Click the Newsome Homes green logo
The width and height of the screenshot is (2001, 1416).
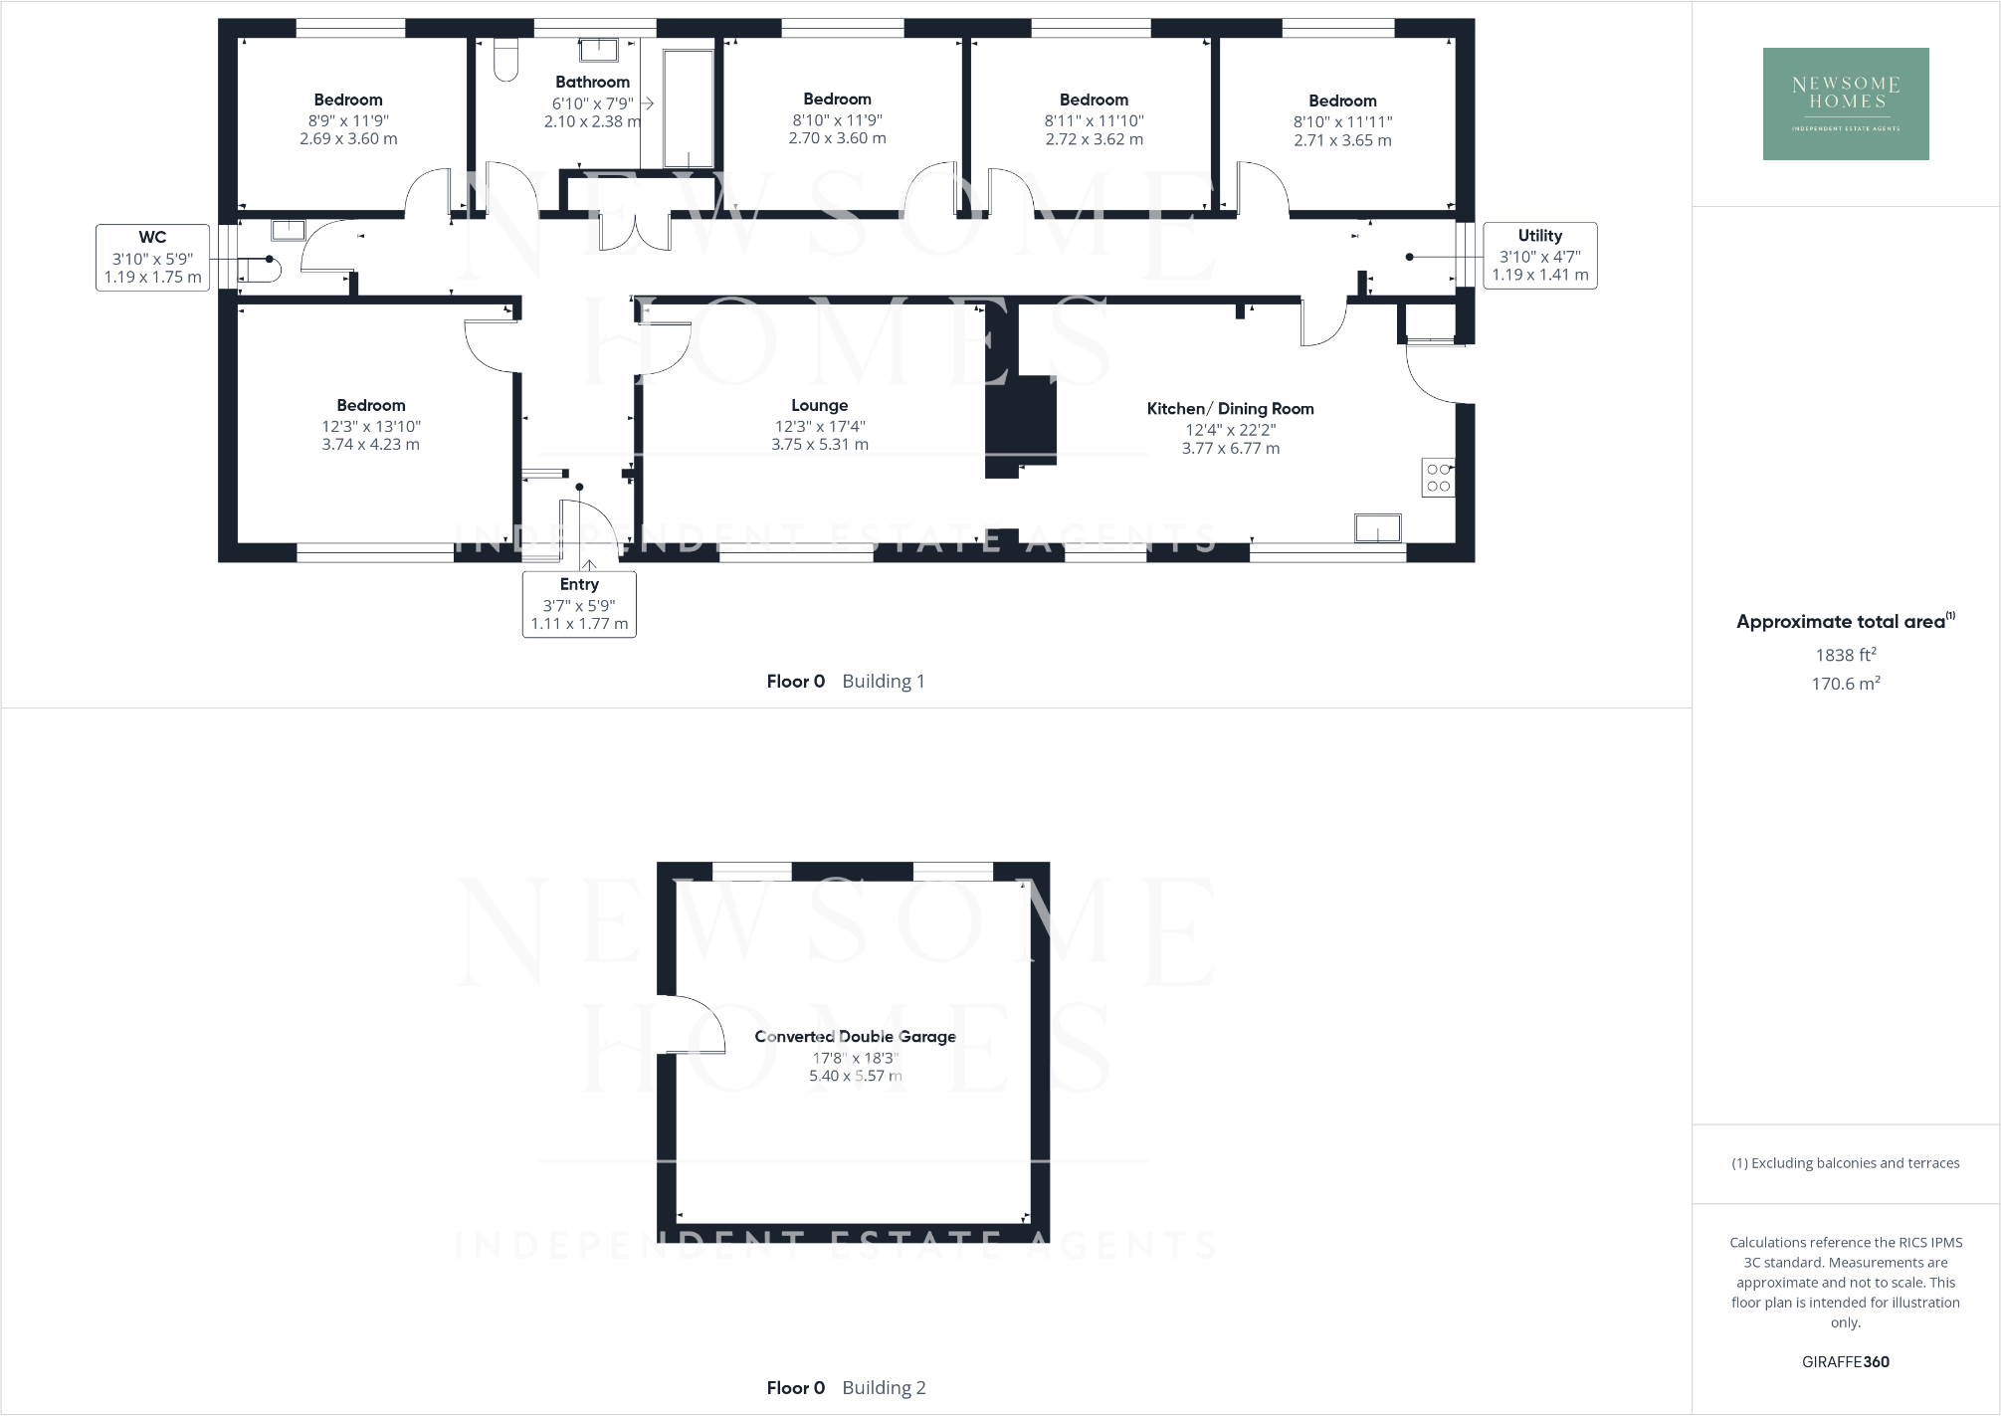click(1845, 103)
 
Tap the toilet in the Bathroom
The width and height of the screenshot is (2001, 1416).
click(505, 60)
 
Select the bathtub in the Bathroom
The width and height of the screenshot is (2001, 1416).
click(688, 106)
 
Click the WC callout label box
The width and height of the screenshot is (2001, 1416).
click(152, 257)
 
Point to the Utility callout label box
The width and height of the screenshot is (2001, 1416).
click(1539, 256)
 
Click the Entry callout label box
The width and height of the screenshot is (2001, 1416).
click(579, 604)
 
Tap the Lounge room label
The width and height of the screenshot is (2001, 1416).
click(819, 405)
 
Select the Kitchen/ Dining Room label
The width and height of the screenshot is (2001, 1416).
click(1230, 408)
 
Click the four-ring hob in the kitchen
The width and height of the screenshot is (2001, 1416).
click(1438, 478)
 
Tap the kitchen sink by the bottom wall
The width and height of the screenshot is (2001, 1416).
click(1377, 527)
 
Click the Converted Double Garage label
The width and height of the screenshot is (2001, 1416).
click(855, 1036)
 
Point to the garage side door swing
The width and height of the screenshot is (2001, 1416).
click(692, 1023)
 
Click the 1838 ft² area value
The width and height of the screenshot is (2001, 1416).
click(1845, 655)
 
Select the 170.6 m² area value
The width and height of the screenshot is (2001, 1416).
click(1845, 684)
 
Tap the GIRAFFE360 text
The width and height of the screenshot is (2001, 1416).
click(1845, 1361)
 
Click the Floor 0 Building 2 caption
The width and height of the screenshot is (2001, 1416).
click(846, 1387)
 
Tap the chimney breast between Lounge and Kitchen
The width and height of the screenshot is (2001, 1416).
click(1020, 423)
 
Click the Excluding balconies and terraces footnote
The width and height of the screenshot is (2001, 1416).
click(1845, 1162)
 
